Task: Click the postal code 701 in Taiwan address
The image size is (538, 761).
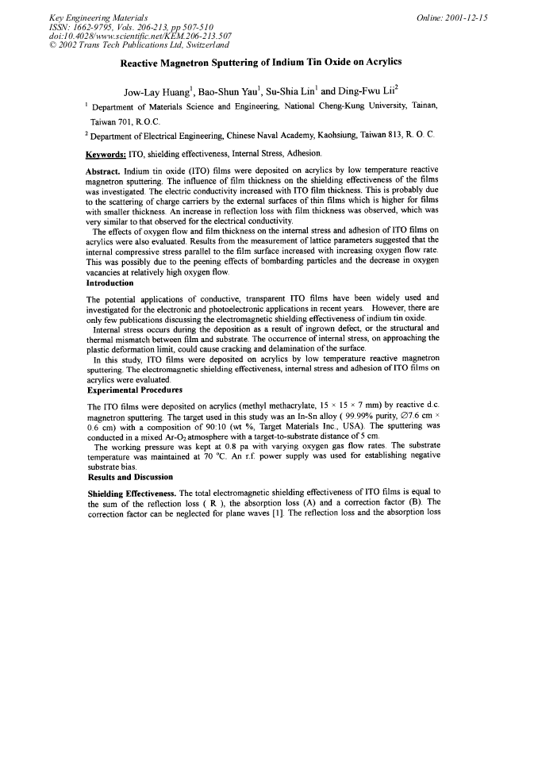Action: [122, 122]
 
